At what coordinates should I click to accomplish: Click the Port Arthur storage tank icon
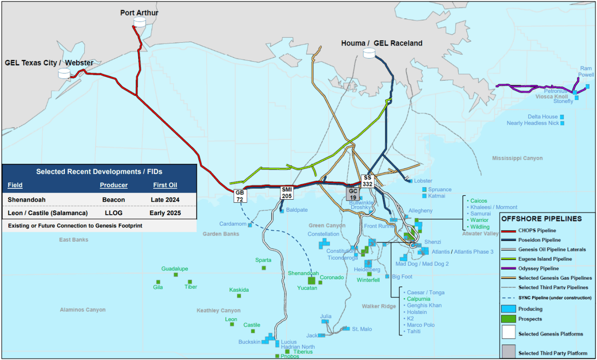coord(139,22)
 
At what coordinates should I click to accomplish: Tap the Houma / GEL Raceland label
coord(381,43)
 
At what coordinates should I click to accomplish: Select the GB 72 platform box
coord(239,195)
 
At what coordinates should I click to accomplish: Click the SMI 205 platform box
coord(287,193)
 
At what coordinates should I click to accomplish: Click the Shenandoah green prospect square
coord(311,281)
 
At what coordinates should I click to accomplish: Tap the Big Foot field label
coord(402,277)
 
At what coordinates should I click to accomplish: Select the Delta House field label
coord(543,117)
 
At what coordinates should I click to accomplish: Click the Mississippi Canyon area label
coord(517,158)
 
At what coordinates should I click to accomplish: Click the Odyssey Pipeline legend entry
coord(538,268)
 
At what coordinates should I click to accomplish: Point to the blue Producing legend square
coord(508,309)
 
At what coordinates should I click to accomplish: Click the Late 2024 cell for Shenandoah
coord(165,200)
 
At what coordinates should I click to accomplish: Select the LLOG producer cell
coord(113,213)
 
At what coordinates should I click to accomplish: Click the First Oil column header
coord(165,185)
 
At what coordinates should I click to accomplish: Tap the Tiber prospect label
coord(190,287)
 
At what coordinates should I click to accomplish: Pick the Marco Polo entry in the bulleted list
coord(421,325)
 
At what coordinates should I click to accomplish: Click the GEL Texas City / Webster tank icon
coord(64,73)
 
